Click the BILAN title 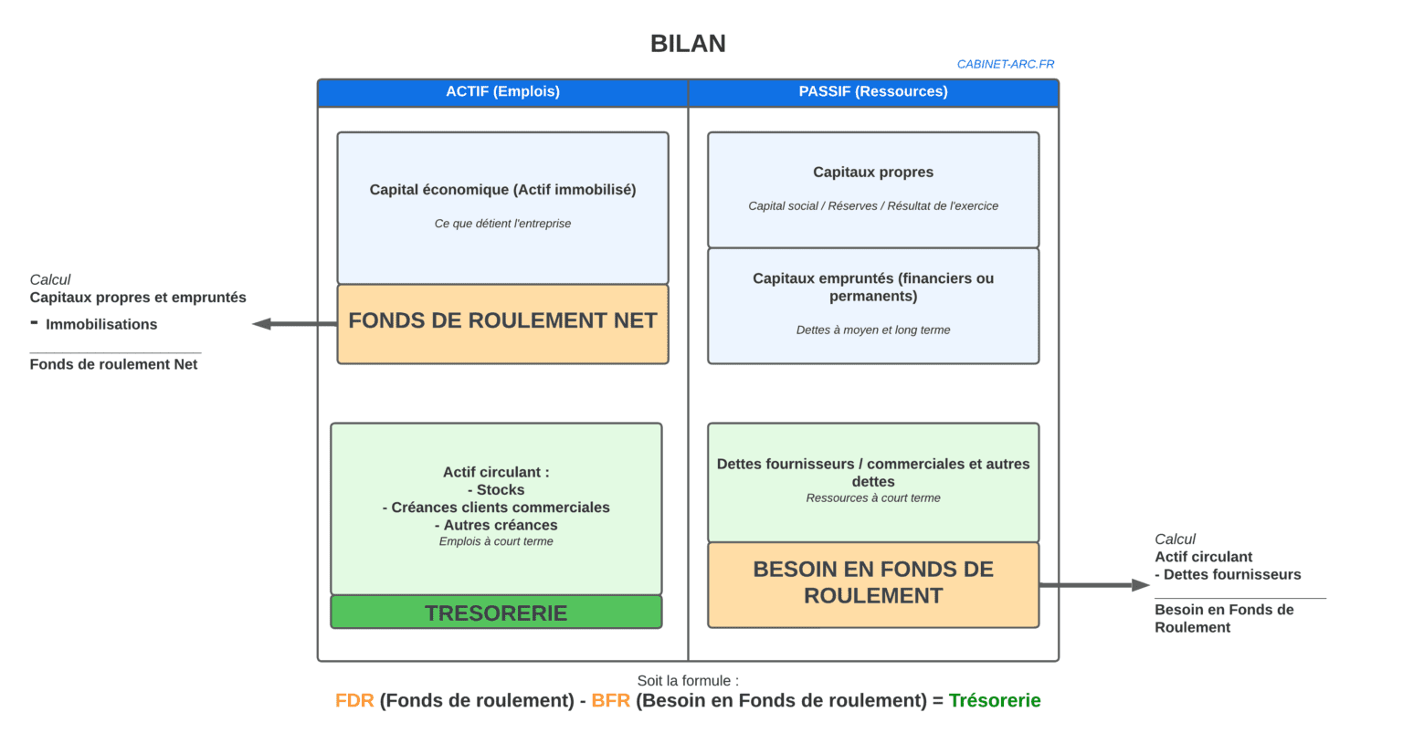click(688, 44)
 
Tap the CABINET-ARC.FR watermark click(1006, 65)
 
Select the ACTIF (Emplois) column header click(502, 92)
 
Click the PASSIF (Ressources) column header click(873, 92)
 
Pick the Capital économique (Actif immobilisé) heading click(502, 190)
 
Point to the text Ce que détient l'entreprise click(502, 224)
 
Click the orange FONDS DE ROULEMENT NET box click(502, 324)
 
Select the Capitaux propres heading click(873, 173)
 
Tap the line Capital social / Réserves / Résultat click(873, 206)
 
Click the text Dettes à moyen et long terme click(873, 330)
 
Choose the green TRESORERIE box click(496, 612)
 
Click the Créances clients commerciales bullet click(496, 508)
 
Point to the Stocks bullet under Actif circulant click(496, 490)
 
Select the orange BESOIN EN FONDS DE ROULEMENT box click(873, 585)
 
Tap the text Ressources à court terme click(873, 498)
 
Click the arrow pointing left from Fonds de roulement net click(294, 323)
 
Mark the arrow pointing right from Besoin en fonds click(1095, 585)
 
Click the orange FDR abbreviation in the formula click(354, 701)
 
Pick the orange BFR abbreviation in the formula click(611, 701)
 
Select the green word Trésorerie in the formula click(995, 701)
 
